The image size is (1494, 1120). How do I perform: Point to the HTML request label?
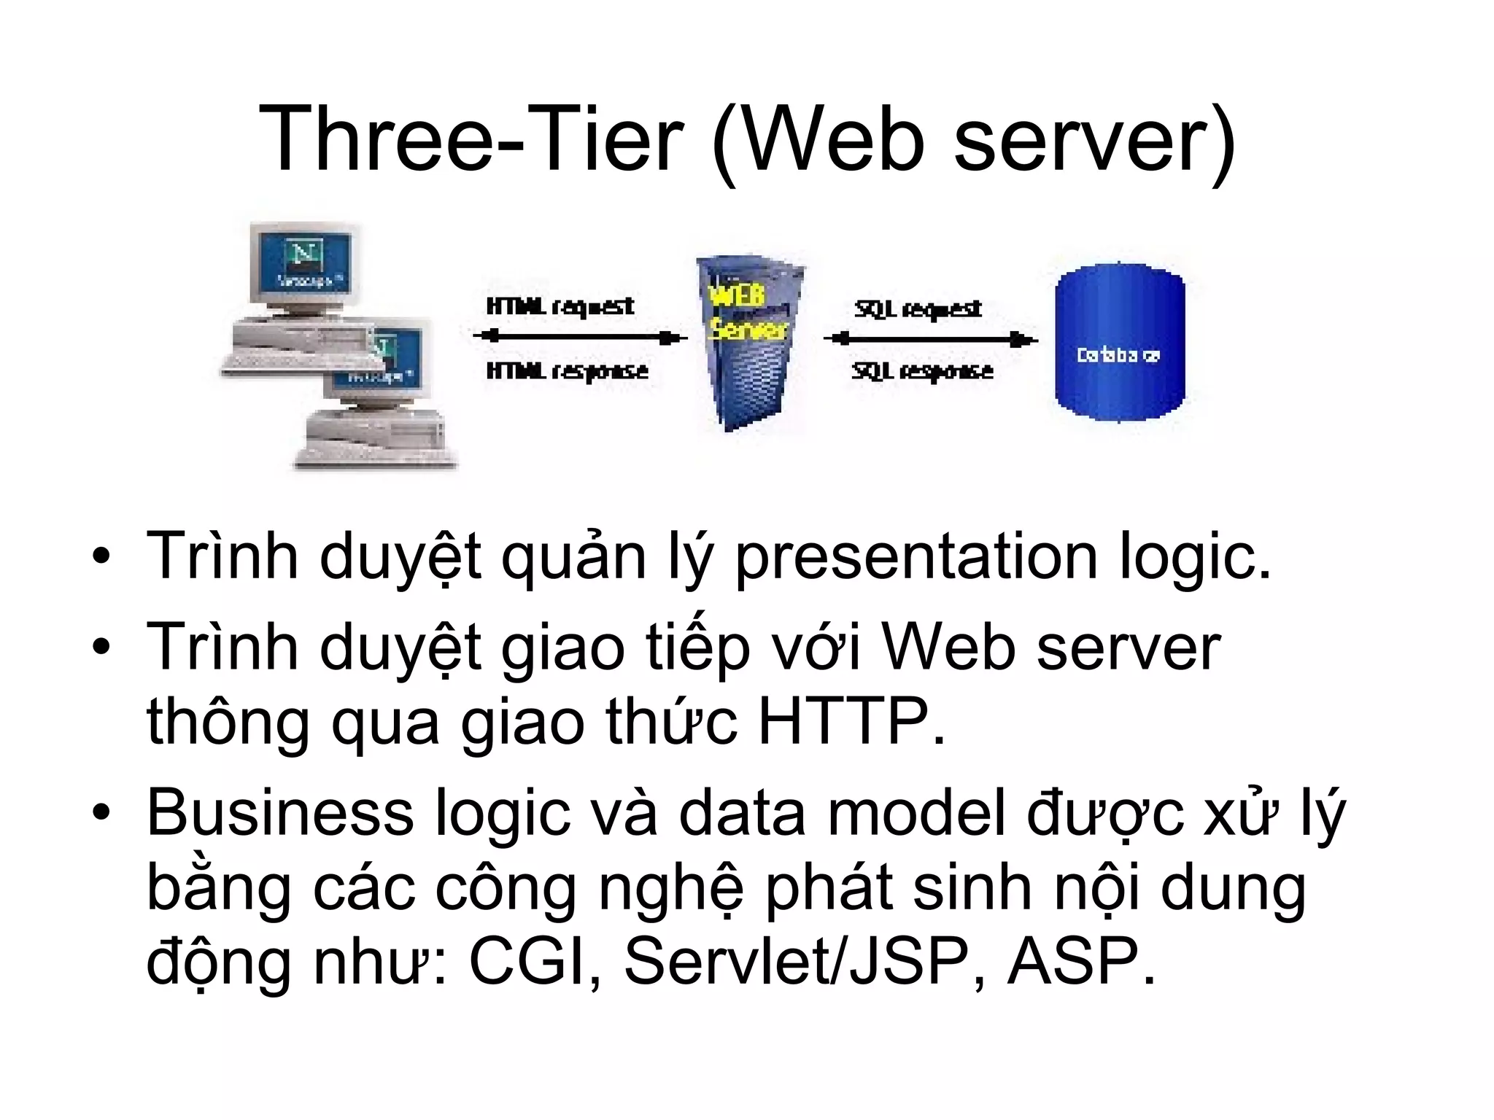point(560,306)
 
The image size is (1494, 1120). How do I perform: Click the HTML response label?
point(567,371)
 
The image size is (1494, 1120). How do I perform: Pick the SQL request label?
point(918,309)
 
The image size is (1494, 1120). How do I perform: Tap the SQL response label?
point(922,372)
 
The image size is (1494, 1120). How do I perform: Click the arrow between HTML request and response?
point(580,337)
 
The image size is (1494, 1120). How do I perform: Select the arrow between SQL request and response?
point(930,339)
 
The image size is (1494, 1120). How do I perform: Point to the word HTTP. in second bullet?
point(851,722)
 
